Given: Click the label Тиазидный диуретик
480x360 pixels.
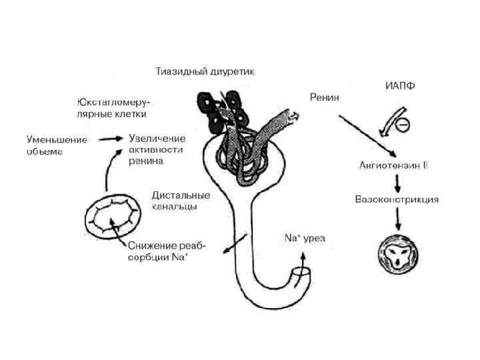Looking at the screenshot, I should tap(205, 70).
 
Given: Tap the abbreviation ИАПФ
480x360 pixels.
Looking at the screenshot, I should tap(400, 85).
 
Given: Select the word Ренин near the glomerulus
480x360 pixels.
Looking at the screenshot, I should tap(325, 97).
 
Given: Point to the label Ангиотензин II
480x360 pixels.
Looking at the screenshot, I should tap(393, 165).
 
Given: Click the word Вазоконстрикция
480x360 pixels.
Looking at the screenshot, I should tap(397, 199).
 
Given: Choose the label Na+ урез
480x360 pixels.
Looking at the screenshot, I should tap(305, 238).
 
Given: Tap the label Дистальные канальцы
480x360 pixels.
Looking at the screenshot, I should tap(181, 201).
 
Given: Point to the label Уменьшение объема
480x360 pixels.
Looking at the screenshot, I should tap(56, 145).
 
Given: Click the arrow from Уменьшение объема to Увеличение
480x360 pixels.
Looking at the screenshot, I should tap(109, 139).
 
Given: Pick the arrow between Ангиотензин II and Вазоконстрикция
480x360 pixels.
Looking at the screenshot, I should tap(397, 182).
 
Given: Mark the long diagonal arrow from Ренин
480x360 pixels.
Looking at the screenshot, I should tap(367, 131).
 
